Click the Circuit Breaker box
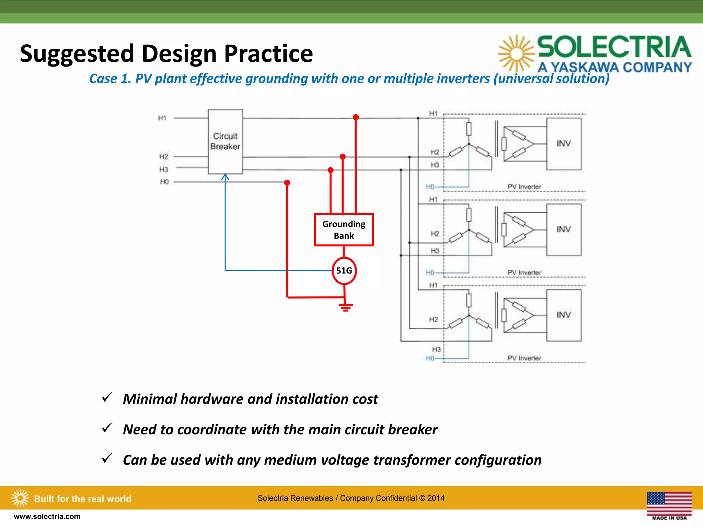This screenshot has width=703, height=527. (225, 141)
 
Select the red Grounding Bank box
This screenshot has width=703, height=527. (344, 230)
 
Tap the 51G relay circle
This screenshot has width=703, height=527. (344, 271)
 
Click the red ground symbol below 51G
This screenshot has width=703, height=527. (346, 307)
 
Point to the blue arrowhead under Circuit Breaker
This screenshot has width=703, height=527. (225, 177)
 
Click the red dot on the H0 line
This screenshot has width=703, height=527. (287, 183)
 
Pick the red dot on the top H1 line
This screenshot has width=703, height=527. (356, 117)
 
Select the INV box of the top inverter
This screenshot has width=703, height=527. (563, 143)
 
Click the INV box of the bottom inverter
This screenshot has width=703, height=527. (563, 315)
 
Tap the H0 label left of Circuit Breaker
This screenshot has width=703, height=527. (164, 182)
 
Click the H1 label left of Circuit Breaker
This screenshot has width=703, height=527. (162, 118)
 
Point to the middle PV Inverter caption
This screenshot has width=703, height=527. (524, 272)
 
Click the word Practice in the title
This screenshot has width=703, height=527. (268, 54)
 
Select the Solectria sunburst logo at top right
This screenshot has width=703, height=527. (516, 54)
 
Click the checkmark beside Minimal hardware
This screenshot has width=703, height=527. (107, 397)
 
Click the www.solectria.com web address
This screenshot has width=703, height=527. (47, 516)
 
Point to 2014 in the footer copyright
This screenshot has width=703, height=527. (436, 498)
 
